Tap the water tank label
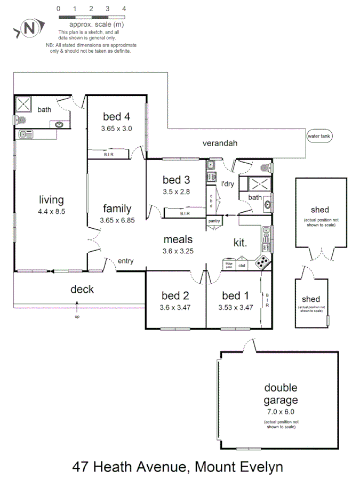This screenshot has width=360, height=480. tap(319, 136)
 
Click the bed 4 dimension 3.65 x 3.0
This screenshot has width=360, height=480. tap(116, 129)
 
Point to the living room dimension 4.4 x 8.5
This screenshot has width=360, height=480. tap(51, 212)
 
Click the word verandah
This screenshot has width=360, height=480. tap(219, 143)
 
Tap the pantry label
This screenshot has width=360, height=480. tap(214, 220)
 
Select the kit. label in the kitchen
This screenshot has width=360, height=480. tap(240, 243)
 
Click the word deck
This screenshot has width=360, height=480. tap(82, 290)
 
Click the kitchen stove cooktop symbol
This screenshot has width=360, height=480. tap(262, 262)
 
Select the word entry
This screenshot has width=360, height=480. tap(125, 261)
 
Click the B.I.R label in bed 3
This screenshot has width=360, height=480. tap(185, 214)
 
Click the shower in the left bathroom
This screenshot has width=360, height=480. tap(23, 103)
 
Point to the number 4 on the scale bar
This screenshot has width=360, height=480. tap(124, 9)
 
